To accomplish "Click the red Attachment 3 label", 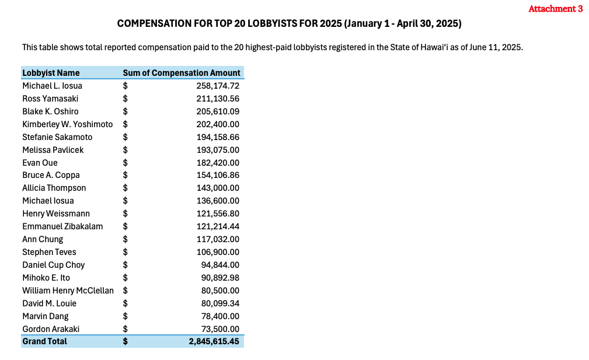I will [555, 9].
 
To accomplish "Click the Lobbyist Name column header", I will [51, 73].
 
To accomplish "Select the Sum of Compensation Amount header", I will [182, 73].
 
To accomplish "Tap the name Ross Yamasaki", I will [50, 99].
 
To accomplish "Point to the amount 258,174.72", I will [218, 86].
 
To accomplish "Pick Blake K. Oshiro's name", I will [50, 111].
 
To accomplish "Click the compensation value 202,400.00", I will [218, 124].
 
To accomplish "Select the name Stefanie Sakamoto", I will [57, 137].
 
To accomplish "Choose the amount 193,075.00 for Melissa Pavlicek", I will [218, 150].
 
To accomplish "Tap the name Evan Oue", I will [40, 163].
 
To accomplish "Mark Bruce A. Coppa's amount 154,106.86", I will [218, 175].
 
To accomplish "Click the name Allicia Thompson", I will [54, 188].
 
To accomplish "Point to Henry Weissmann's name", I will [56, 214].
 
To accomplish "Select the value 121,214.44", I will [218, 226].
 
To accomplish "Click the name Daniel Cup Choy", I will [53, 265].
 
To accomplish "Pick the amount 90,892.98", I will [220, 278].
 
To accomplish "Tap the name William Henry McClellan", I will [68, 291].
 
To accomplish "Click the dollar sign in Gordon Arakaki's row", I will [125, 329].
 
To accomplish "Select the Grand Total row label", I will [44, 341].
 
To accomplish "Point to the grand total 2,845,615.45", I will [214, 341].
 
